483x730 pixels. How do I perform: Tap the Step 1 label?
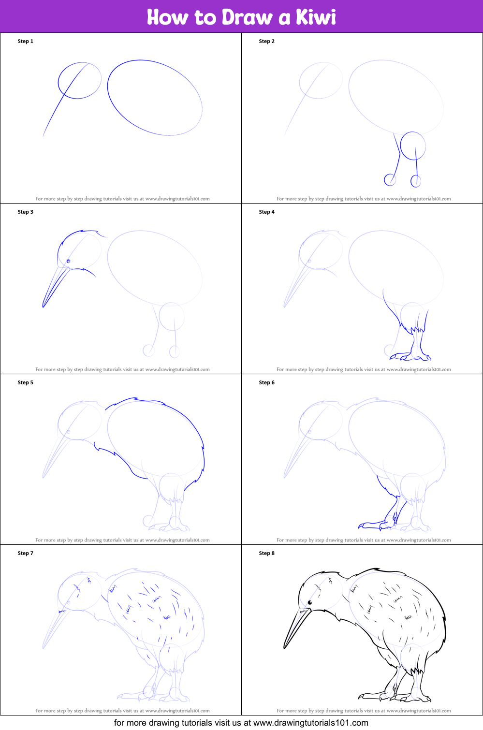(x=26, y=41)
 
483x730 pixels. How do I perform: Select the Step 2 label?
(x=266, y=41)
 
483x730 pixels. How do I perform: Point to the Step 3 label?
(x=26, y=212)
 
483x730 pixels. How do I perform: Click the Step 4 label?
(x=266, y=212)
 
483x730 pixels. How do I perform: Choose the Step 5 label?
(x=26, y=382)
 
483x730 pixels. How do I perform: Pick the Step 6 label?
(x=266, y=382)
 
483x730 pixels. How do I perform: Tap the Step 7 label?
(x=26, y=553)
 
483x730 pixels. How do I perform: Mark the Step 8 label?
(x=266, y=553)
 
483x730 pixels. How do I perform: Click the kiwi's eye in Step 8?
(x=309, y=602)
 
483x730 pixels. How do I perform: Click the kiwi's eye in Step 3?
(x=69, y=261)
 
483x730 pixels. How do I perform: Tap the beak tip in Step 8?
(x=284, y=648)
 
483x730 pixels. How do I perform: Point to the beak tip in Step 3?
(x=43, y=307)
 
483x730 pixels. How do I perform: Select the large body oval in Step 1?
(x=155, y=97)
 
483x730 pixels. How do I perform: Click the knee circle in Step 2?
(x=413, y=146)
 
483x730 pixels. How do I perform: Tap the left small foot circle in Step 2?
(x=390, y=180)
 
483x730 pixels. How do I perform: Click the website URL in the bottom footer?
(x=310, y=723)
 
